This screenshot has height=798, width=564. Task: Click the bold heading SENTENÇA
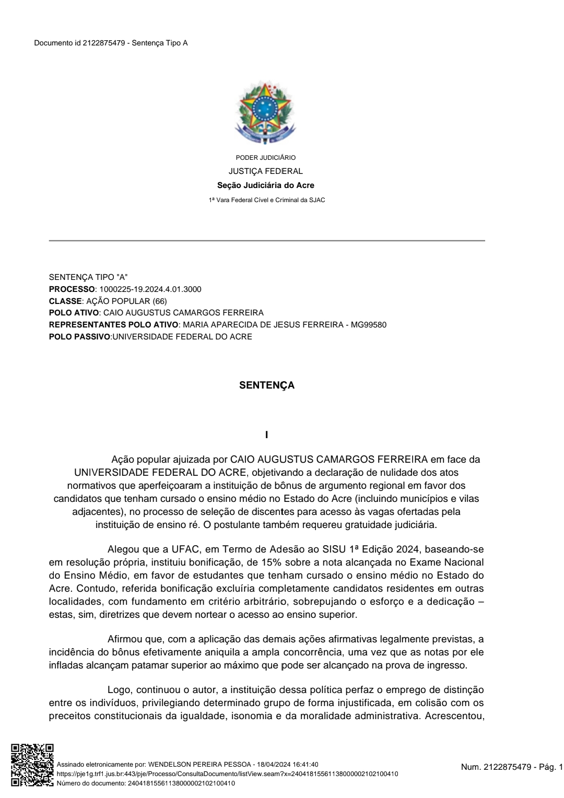tap(266, 385)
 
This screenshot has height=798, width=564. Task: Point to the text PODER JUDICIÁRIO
tap(266, 158)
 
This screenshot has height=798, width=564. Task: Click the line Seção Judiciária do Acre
tap(266, 185)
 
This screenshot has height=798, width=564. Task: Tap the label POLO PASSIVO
tap(79, 337)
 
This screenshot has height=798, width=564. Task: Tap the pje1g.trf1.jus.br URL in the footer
tap(227, 774)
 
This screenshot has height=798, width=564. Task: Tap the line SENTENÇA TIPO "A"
tap(88, 277)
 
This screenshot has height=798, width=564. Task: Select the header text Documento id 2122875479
tap(79, 43)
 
